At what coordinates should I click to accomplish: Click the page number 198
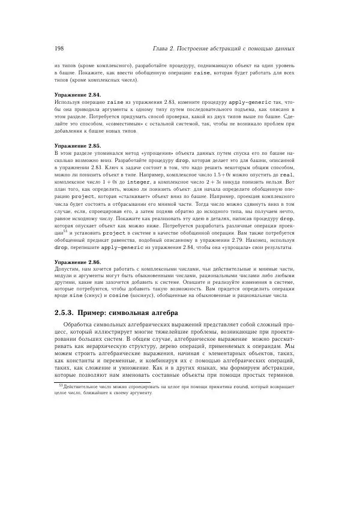pyautogui.click(x=59, y=48)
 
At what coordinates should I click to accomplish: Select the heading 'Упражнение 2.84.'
pyautogui.click(x=78, y=95)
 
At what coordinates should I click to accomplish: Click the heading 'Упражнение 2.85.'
pyautogui.click(x=78, y=146)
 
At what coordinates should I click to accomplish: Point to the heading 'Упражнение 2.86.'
pyautogui.click(x=78, y=262)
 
